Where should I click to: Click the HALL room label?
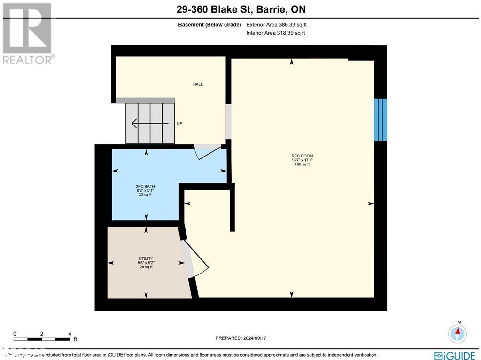(198, 84)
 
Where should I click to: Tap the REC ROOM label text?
(302, 156)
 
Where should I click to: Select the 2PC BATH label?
(145, 187)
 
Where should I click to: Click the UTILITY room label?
(146, 258)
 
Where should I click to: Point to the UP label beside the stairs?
(179, 124)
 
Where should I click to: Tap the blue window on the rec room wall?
(380, 119)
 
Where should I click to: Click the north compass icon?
(457, 333)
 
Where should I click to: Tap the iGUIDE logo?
(455, 355)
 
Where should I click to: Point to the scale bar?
(42, 339)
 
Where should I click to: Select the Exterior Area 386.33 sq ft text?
(277, 24)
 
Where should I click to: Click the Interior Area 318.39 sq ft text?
(276, 33)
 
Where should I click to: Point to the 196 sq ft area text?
(302, 164)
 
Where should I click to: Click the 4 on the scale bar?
(70, 334)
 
